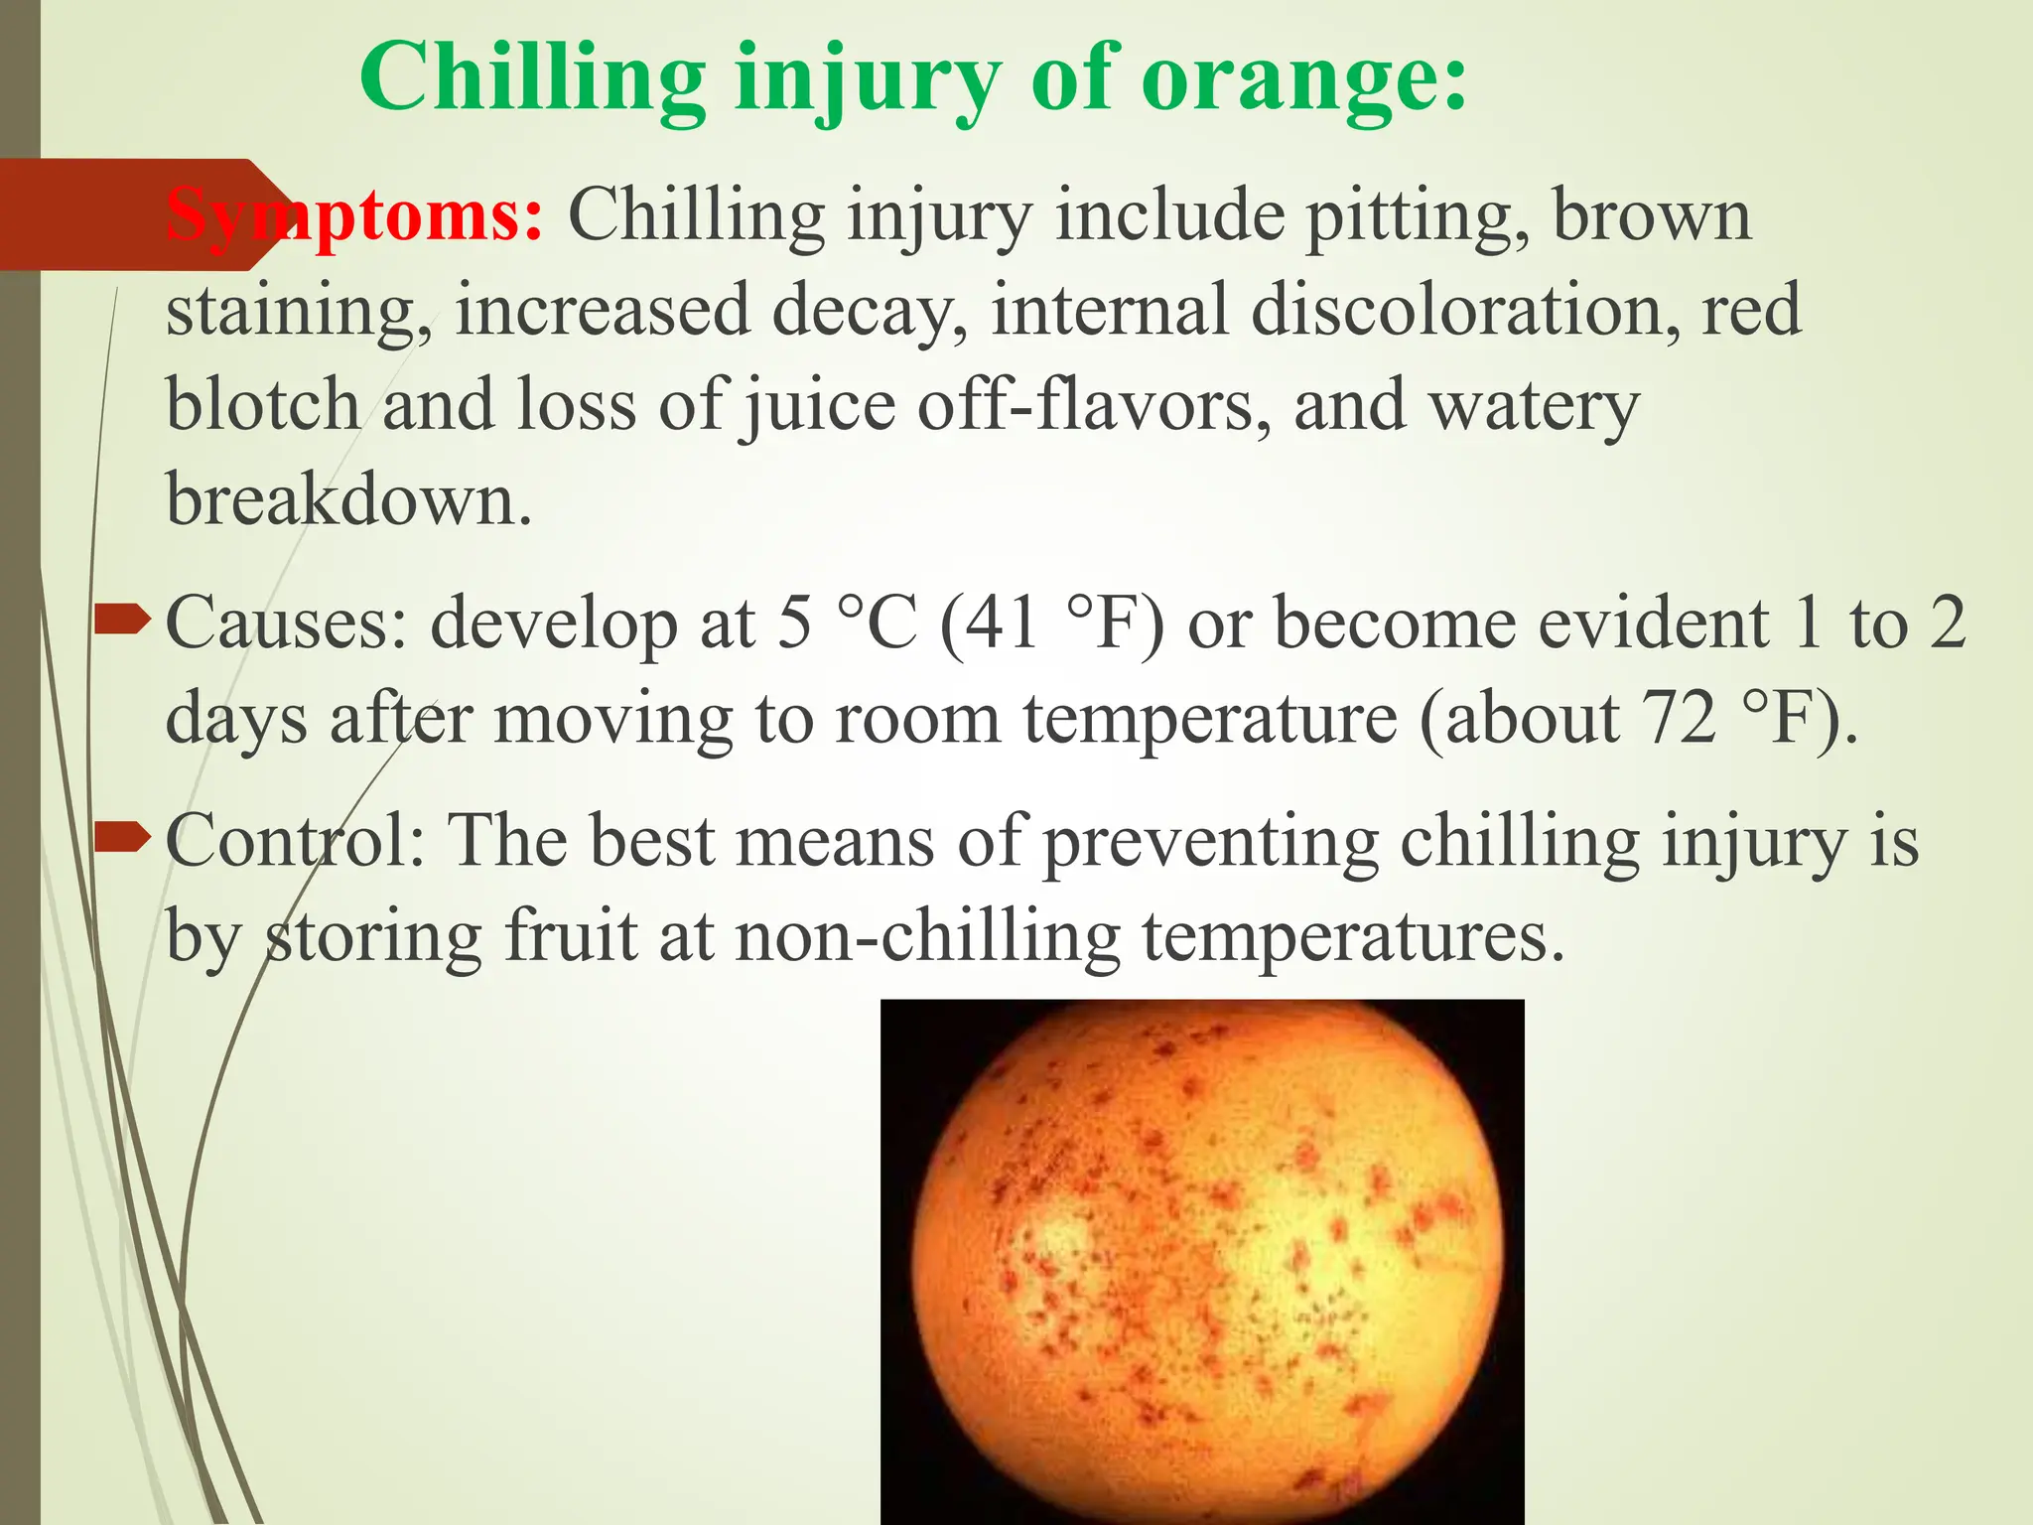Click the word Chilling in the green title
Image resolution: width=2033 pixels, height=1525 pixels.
(x=532, y=81)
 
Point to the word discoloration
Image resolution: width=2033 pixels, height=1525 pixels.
(x=1465, y=309)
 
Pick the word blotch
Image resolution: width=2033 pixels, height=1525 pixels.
(x=262, y=405)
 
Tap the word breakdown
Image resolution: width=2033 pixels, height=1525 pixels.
(x=348, y=499)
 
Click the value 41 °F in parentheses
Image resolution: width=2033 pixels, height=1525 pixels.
(x=1052, y=624)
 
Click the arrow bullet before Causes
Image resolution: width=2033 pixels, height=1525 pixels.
(x=121, y=622)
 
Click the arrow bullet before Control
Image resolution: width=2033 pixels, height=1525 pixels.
(x=121, y=839)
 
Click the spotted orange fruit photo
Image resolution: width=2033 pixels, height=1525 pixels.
(x=1202, y=1261)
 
